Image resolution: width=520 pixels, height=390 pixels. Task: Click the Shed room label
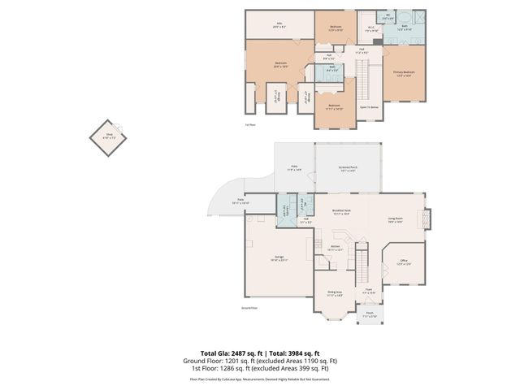109,136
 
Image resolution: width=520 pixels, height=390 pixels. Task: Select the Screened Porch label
348,168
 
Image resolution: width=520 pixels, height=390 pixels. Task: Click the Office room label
403,262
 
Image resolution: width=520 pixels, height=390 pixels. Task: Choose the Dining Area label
334,293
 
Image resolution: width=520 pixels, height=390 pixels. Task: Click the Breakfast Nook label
341,213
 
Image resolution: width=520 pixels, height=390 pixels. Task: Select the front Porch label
369,314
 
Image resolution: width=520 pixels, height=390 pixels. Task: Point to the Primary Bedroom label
404,74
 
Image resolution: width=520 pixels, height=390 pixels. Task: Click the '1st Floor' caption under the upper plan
250,124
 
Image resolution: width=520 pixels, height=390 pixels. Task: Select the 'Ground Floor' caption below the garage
249,309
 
